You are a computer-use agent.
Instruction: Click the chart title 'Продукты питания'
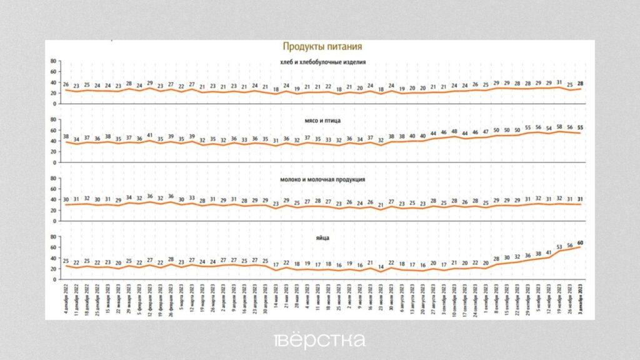322,46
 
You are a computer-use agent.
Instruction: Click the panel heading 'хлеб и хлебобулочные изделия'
323,62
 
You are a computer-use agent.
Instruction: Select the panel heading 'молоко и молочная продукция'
322,179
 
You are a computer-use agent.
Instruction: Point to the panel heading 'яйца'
322,238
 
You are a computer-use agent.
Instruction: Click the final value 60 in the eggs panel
580,242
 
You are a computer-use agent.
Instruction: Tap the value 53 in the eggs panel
559,247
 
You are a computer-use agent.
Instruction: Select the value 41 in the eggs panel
548,253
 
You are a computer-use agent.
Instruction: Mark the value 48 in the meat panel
454,132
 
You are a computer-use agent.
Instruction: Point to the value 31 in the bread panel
559,82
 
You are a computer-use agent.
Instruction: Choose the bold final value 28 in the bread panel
580,84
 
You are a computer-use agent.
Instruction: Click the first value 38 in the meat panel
66,137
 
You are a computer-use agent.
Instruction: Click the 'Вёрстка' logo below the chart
319,340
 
